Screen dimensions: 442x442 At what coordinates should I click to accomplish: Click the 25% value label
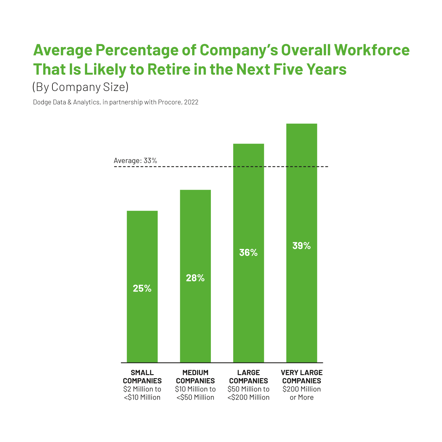click(x=142, y=289)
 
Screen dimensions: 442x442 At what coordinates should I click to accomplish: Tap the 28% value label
click(x=195, y=278)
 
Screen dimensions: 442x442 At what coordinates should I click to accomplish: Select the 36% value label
click(x=248, y=253)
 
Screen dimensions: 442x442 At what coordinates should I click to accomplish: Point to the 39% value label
click(x=301, y=246)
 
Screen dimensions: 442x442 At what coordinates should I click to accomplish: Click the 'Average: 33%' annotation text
click(x=135, y=161)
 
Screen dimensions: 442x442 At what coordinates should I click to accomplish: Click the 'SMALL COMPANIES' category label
click(x=142, y=377)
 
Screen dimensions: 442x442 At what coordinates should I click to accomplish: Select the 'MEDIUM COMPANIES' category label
click(x=195, y=377)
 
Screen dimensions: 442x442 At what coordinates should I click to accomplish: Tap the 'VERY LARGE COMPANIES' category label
click(x=302, y=377)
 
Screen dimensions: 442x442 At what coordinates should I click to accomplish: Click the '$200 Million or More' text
click(x=302, y=393)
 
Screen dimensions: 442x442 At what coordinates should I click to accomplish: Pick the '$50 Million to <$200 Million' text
click(x=248, y=393)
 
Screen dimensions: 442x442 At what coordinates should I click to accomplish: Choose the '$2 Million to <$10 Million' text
click(x=142, y=393)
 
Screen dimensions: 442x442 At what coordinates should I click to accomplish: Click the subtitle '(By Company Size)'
click(x=80, y=87)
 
